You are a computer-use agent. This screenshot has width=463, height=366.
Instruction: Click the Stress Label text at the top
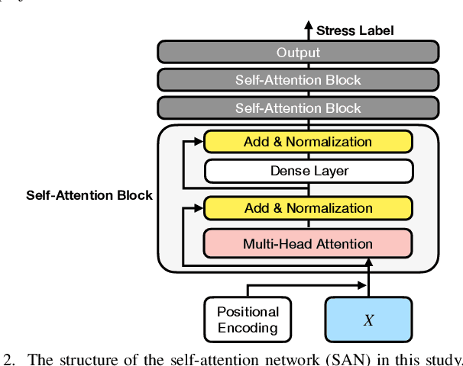pyautogui.click(x=355, y=30)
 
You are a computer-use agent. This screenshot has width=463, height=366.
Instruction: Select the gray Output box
pyautogui.click(x=298, y=53)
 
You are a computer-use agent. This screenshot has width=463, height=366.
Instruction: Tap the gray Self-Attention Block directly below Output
pyautogui.click(x=298, y=80)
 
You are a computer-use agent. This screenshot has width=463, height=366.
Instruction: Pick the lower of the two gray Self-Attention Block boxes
pyautogui.click(x=298, y=108)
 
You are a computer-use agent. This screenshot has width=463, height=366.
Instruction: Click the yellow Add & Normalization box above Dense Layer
pyautogui.click(x=308, y=142)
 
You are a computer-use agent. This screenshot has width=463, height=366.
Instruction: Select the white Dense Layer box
pyautogui.click(x=308, y=171)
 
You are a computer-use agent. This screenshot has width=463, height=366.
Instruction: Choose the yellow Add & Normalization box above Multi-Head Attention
pyautogui.click(x=308, y=207)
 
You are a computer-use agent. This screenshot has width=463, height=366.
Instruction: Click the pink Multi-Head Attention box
pyautogui.click(x=308, y=244)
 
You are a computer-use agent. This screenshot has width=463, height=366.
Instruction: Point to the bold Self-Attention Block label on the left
pyautogui.click(x=89, y=195)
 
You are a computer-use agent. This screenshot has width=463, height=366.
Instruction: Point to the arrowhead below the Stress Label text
pyautogui.click(x=309, y=30)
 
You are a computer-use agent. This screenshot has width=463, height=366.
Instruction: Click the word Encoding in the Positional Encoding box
pyautogui.click(x=248, y=329)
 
